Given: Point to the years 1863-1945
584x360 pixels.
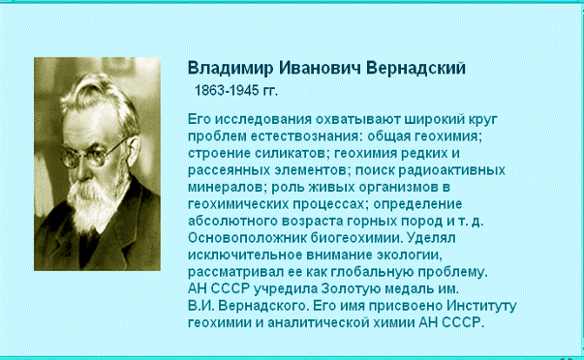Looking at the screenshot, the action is [227, 90].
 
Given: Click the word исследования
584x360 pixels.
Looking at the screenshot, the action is [263, 120].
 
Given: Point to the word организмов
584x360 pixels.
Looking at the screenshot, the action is [398, 188].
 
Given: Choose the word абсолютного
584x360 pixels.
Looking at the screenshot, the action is [232, 222].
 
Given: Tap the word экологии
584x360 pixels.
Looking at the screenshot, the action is [410, 255].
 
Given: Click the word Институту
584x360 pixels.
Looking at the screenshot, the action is [481, 306].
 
